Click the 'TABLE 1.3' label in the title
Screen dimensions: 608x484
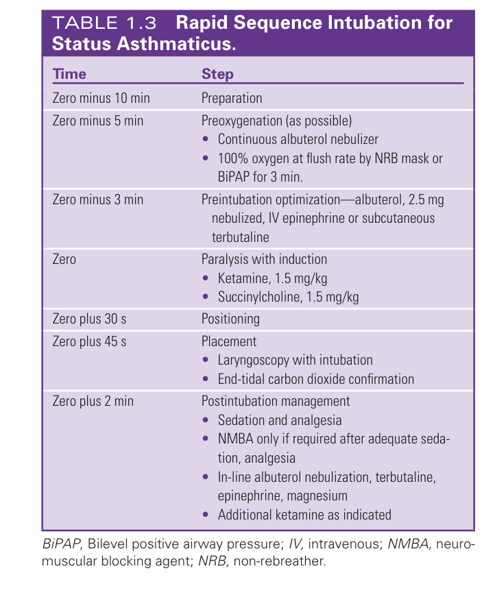click(x=105, y=23)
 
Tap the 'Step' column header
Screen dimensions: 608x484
click(x=217, y=74)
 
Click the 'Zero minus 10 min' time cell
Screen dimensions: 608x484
click(x=101, y=98)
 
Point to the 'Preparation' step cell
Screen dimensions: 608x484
click(x=232, y=98)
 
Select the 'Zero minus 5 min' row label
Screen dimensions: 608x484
click(x=98, y=121)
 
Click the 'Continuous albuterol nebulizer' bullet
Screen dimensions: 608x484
click(x=298, y=139)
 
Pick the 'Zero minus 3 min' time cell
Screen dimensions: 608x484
click(x=98, y=199)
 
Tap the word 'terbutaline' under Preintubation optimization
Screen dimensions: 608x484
click(x=241, y=236)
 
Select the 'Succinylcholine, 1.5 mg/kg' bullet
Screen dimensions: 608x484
click(x=288, y=297)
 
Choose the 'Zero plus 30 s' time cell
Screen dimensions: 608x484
click(x=90, y=319)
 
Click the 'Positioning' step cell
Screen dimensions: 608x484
click(x=230, y=319)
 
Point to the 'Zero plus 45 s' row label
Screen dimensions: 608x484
click(x=90, y=341)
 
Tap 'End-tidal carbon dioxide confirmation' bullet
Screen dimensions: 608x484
click(x=315, y=378)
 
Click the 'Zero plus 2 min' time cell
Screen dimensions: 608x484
click(x=93, y=401)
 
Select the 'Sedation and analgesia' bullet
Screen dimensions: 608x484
click(x=279, y=420)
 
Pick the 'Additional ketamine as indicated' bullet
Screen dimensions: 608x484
click(x=304, y=514)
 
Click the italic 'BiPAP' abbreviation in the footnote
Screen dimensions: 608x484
click(x=71, y=546)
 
